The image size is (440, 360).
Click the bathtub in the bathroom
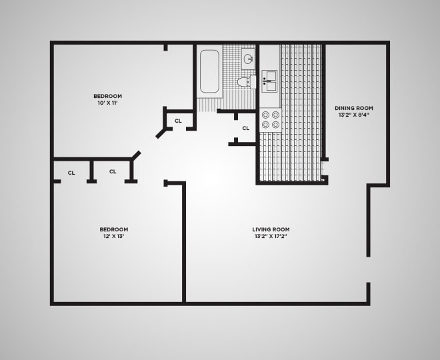(x=209, y=71)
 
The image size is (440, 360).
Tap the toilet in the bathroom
(x=247, y=82)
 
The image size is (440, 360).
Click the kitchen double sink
(x=269, y=83)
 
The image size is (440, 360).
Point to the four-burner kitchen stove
(x=270, y=119)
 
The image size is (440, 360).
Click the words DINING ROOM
(x=353, y=108)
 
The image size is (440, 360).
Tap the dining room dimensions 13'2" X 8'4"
(x=353, y=115)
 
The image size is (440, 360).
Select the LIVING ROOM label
(x=271, y=229)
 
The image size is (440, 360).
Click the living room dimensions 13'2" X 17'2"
(x=271, y=236)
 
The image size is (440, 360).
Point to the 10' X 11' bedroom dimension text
(x=108, y=103)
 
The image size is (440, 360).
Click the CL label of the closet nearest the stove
(x=245, y=128)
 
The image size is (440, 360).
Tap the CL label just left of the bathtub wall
(x=178, y=121)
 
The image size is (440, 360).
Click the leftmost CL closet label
(x=71, y=173)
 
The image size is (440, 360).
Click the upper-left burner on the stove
(x=265, y=115)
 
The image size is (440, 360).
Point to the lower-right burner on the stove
(x=275, y=124)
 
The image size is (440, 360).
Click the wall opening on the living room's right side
(x=368, y=270)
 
